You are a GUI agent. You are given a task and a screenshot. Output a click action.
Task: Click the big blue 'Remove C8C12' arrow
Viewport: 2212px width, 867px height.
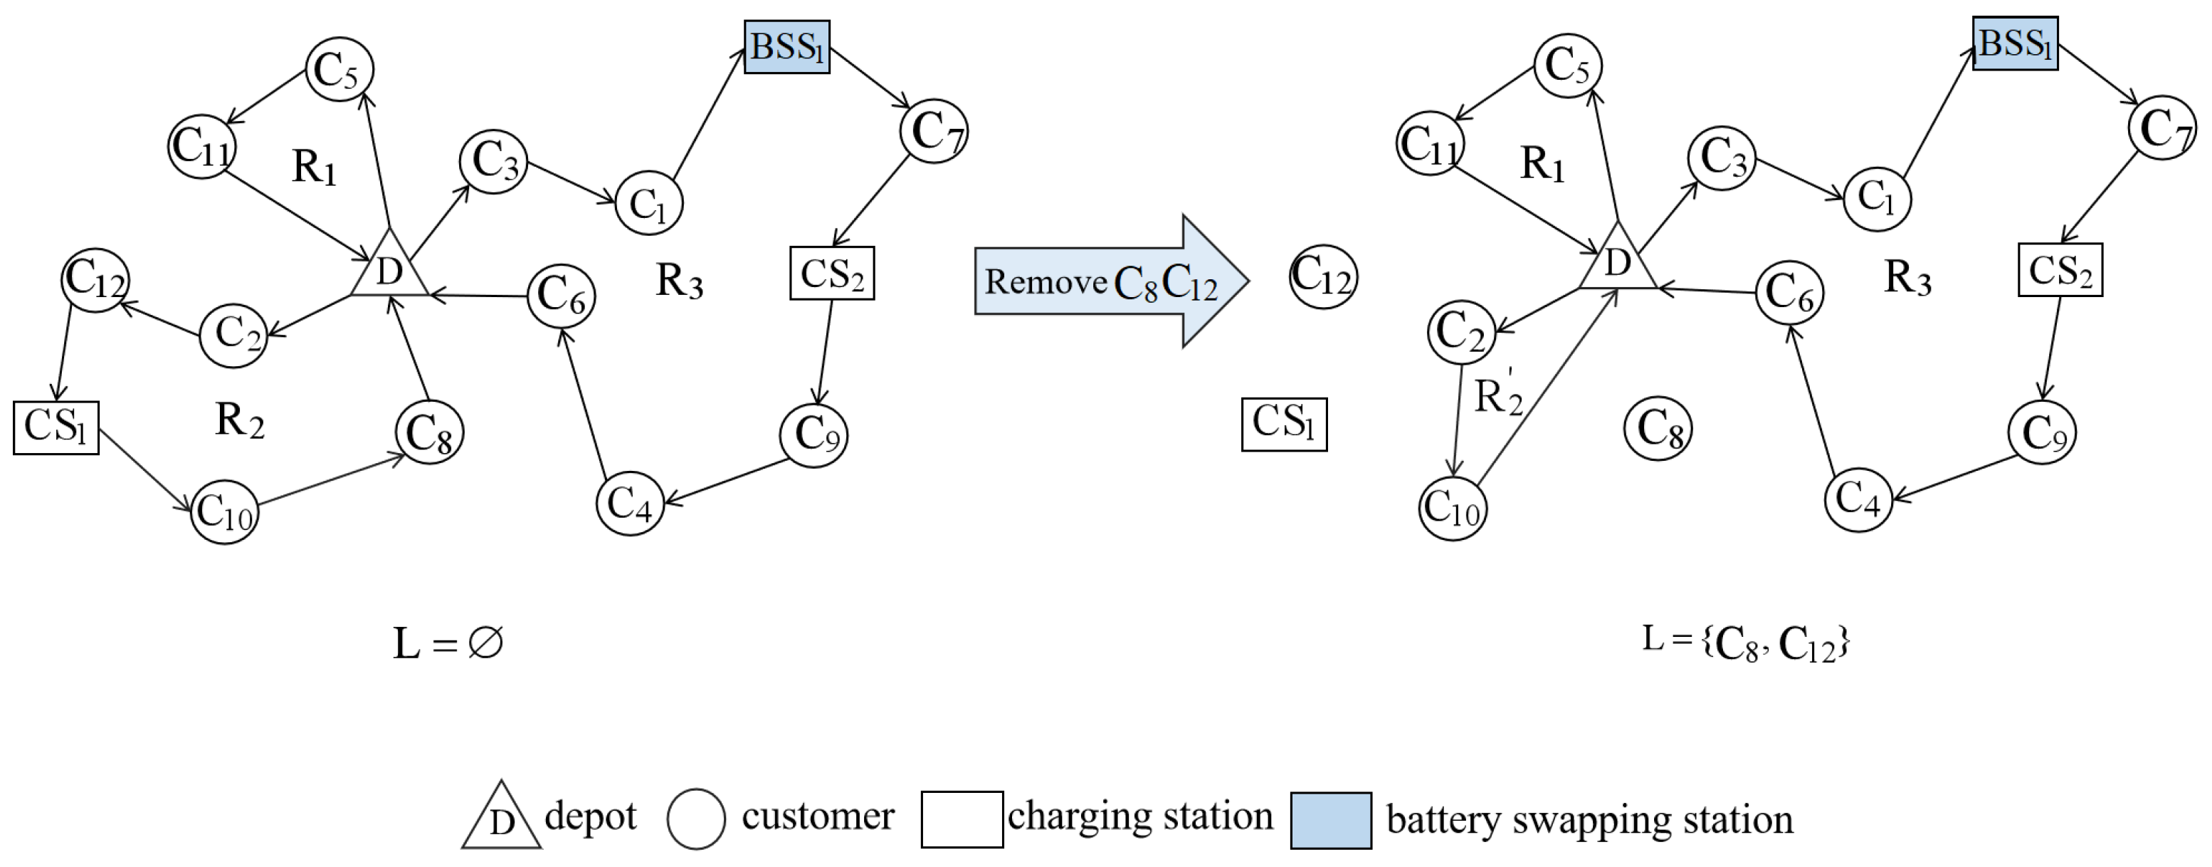pos(1111,281)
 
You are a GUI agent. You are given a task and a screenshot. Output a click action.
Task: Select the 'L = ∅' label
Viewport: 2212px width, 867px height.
pos(448,643)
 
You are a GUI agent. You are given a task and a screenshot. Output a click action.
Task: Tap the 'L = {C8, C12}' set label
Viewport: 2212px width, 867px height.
pos(1746,642)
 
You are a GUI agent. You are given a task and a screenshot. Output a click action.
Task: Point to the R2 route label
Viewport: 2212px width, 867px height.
pos(240,420)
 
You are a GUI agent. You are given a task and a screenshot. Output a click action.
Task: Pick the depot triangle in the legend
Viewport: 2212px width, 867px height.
pos(502,817)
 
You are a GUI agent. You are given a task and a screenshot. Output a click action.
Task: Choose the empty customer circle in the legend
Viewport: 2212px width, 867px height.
pos(696,819)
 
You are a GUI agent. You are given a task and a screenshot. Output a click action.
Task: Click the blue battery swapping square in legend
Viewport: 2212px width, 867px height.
pos(1331,820)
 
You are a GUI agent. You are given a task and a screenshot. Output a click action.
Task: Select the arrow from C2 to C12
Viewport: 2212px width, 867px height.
pos(161,316)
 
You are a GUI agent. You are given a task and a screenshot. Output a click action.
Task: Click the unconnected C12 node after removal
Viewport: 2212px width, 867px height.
pos(1323,276)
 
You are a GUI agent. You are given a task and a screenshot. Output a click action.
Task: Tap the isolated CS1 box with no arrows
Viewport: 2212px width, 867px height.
pos(1284,424)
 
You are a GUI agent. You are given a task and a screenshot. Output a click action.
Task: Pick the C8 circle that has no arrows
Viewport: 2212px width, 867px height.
pos(1658,428)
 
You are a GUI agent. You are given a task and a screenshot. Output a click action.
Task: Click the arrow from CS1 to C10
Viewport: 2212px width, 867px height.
pos(145,471)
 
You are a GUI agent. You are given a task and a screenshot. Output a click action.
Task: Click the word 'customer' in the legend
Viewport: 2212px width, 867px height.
pos(818,816)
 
